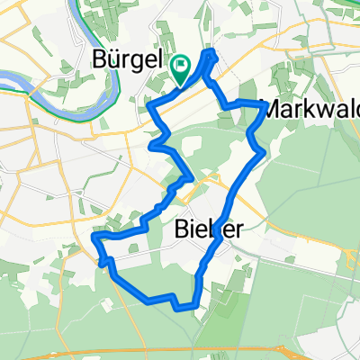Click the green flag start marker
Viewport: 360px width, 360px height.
pos(181,66)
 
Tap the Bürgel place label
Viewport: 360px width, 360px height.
pos(129,60)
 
